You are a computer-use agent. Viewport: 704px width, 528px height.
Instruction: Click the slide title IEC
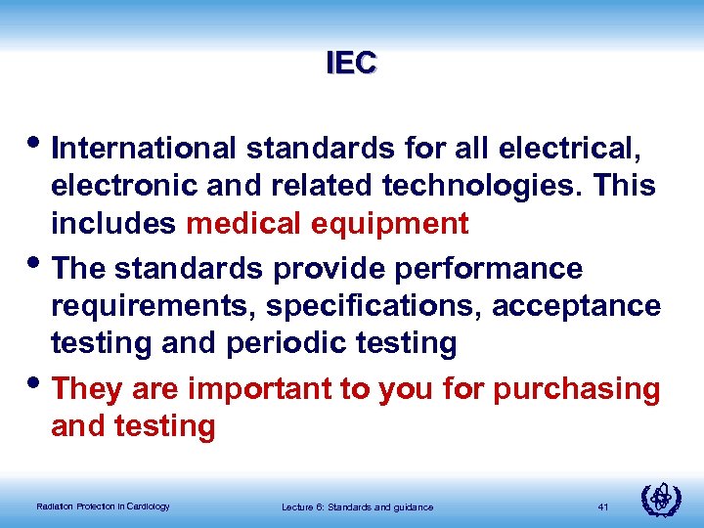coord(352,64)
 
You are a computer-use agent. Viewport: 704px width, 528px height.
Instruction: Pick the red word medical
coord(243,224)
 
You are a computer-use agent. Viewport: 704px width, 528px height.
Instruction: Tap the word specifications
coord(367,306)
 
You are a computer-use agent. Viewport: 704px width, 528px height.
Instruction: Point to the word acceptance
coord(576,306)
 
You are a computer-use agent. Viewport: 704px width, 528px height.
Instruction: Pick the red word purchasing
coord(577,388)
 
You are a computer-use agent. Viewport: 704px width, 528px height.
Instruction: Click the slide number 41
coord(603,506)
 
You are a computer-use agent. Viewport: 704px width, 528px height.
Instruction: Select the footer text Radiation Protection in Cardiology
coord(103,506)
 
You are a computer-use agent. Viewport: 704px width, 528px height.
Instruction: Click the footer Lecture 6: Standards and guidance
coord(357,506)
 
